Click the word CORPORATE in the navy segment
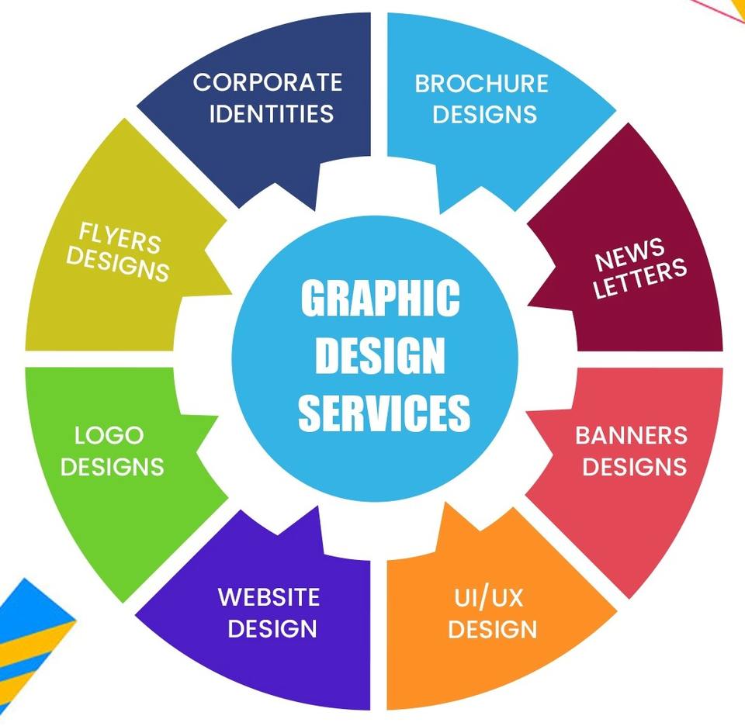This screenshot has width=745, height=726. click(267, 81)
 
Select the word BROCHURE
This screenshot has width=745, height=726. click(481, 83)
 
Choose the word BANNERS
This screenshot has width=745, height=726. click(631, 435)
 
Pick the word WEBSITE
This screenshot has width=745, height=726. click(269, 596)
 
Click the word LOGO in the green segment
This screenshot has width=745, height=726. click(109, 435)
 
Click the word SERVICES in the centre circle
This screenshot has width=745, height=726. click(384, 412)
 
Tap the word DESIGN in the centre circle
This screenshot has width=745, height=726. click(379, 356)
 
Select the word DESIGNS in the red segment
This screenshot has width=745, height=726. click(635, 466)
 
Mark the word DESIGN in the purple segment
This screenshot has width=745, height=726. click(272, 627)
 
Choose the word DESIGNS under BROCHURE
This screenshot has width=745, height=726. click(484, 114)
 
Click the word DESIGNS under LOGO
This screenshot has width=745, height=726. click(113, 466)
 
